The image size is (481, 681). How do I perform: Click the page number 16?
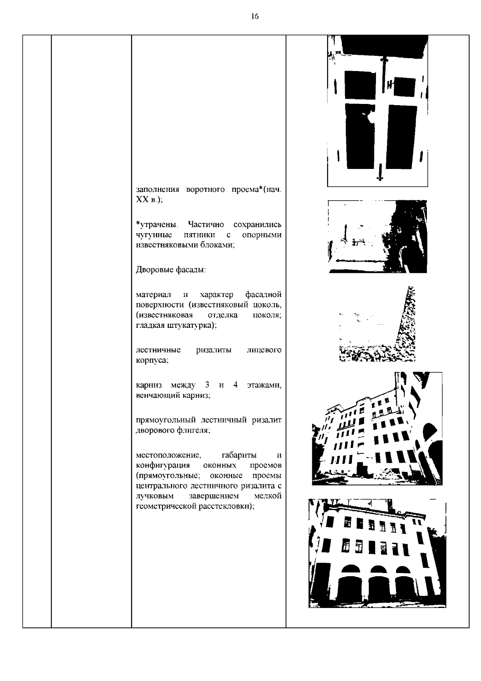click(255, 16)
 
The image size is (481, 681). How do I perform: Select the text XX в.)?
click(150, 200)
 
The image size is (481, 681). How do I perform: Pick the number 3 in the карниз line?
click(207, 385)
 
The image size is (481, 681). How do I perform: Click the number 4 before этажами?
click(235, 385)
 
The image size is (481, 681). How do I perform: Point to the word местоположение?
click(168, 455)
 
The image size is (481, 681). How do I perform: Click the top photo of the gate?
click(377, 110)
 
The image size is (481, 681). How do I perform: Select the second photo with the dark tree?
click(377, 236)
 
